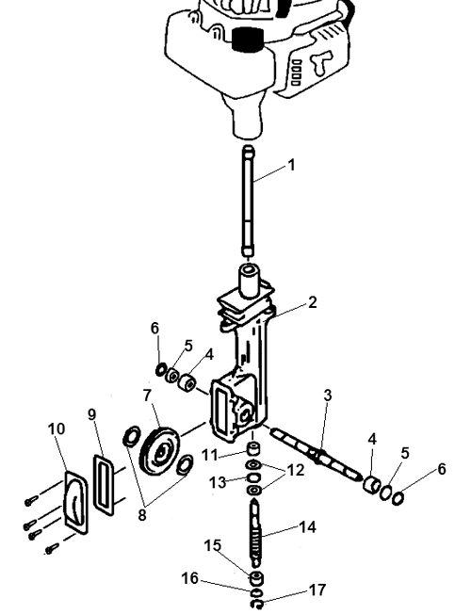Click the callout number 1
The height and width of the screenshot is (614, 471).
pyautogui.click(x=291, y=165)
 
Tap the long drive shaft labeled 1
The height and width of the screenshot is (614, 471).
pyautogui.click(x=249, y=201)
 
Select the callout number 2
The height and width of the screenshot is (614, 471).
pyautogui.click(x=312, y=302)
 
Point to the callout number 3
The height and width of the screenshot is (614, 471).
pyautogui.click(x=328, y=396)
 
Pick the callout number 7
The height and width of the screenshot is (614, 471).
pyautogui.click(x=147, y=396)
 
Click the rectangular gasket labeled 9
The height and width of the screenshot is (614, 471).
pyautogui.click(x=104, y=484)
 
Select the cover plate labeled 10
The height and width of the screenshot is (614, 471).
pyautogui.click(x=76, y=502)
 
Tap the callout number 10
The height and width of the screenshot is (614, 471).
pyautogui.click(x=57, y=428)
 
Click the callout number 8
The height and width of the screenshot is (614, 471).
pyautogui.click(x=142, y=515)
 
